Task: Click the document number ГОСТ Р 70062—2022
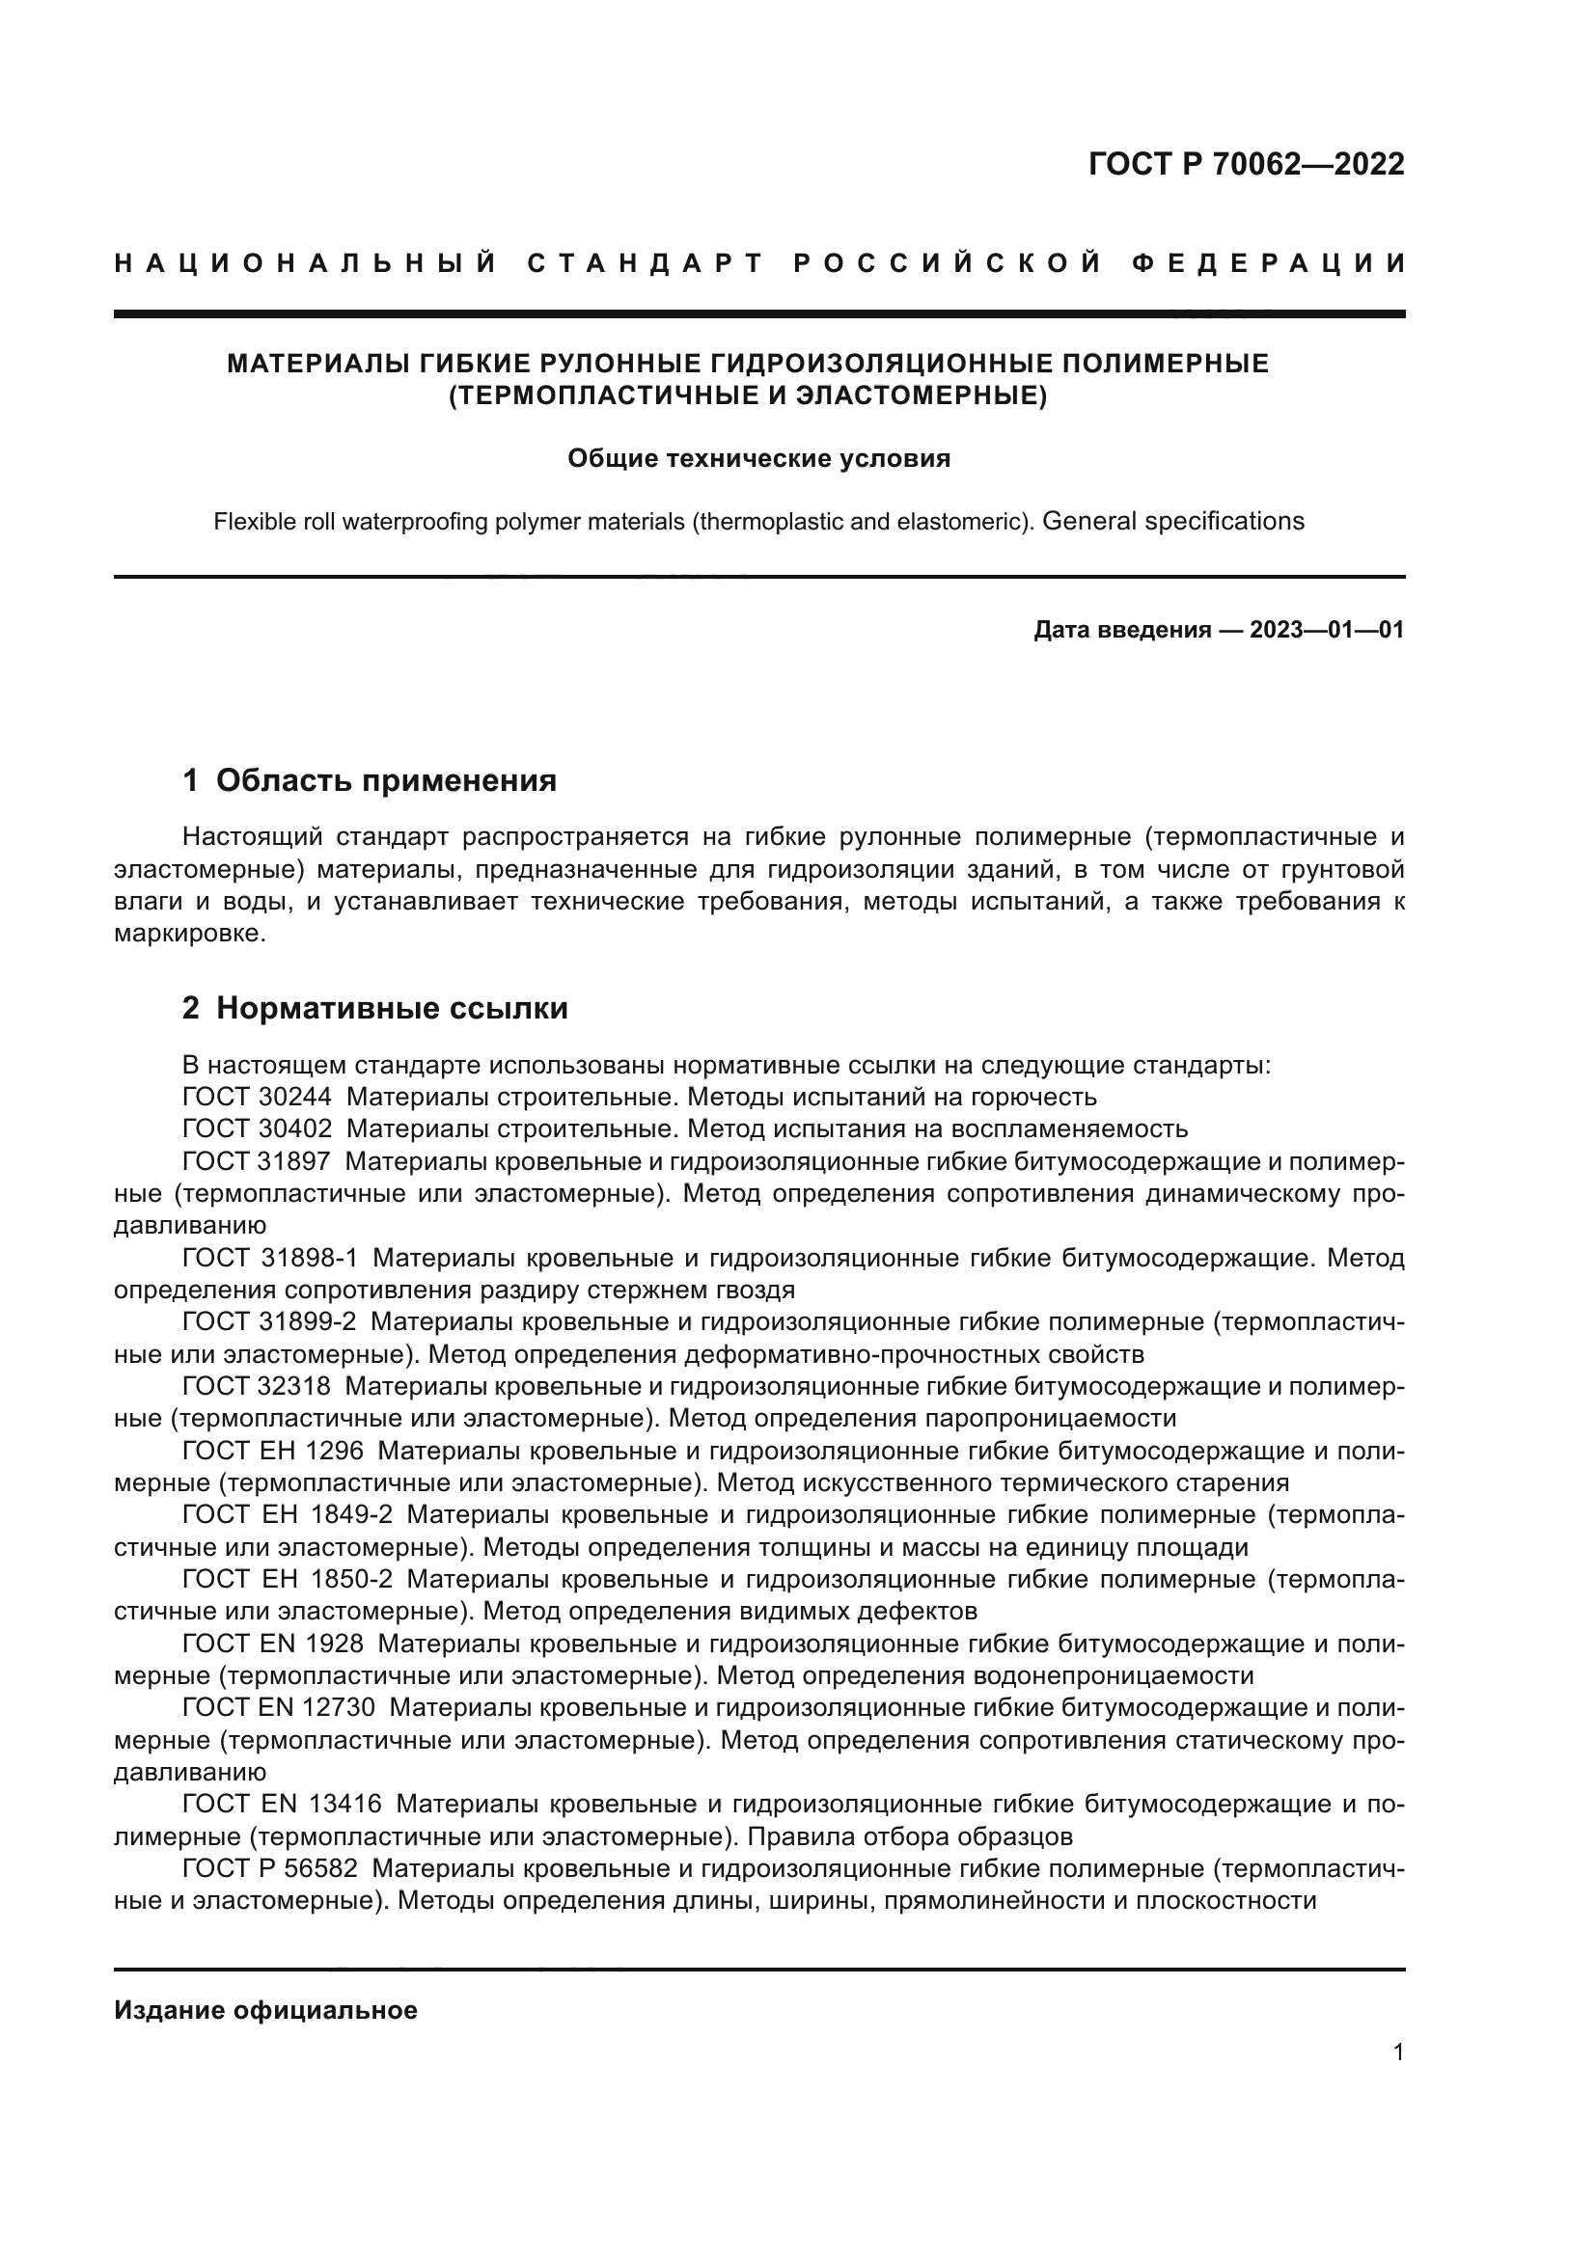1246,164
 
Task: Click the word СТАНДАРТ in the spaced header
646,263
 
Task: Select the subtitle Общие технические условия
758,459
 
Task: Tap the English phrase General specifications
1172,521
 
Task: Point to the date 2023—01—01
1327,630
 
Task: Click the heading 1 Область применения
370,780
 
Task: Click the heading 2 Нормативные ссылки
375,1008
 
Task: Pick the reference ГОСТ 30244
257,1097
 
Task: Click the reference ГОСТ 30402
257,1129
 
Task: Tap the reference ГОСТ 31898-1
271,1258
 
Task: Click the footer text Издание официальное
265,2010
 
